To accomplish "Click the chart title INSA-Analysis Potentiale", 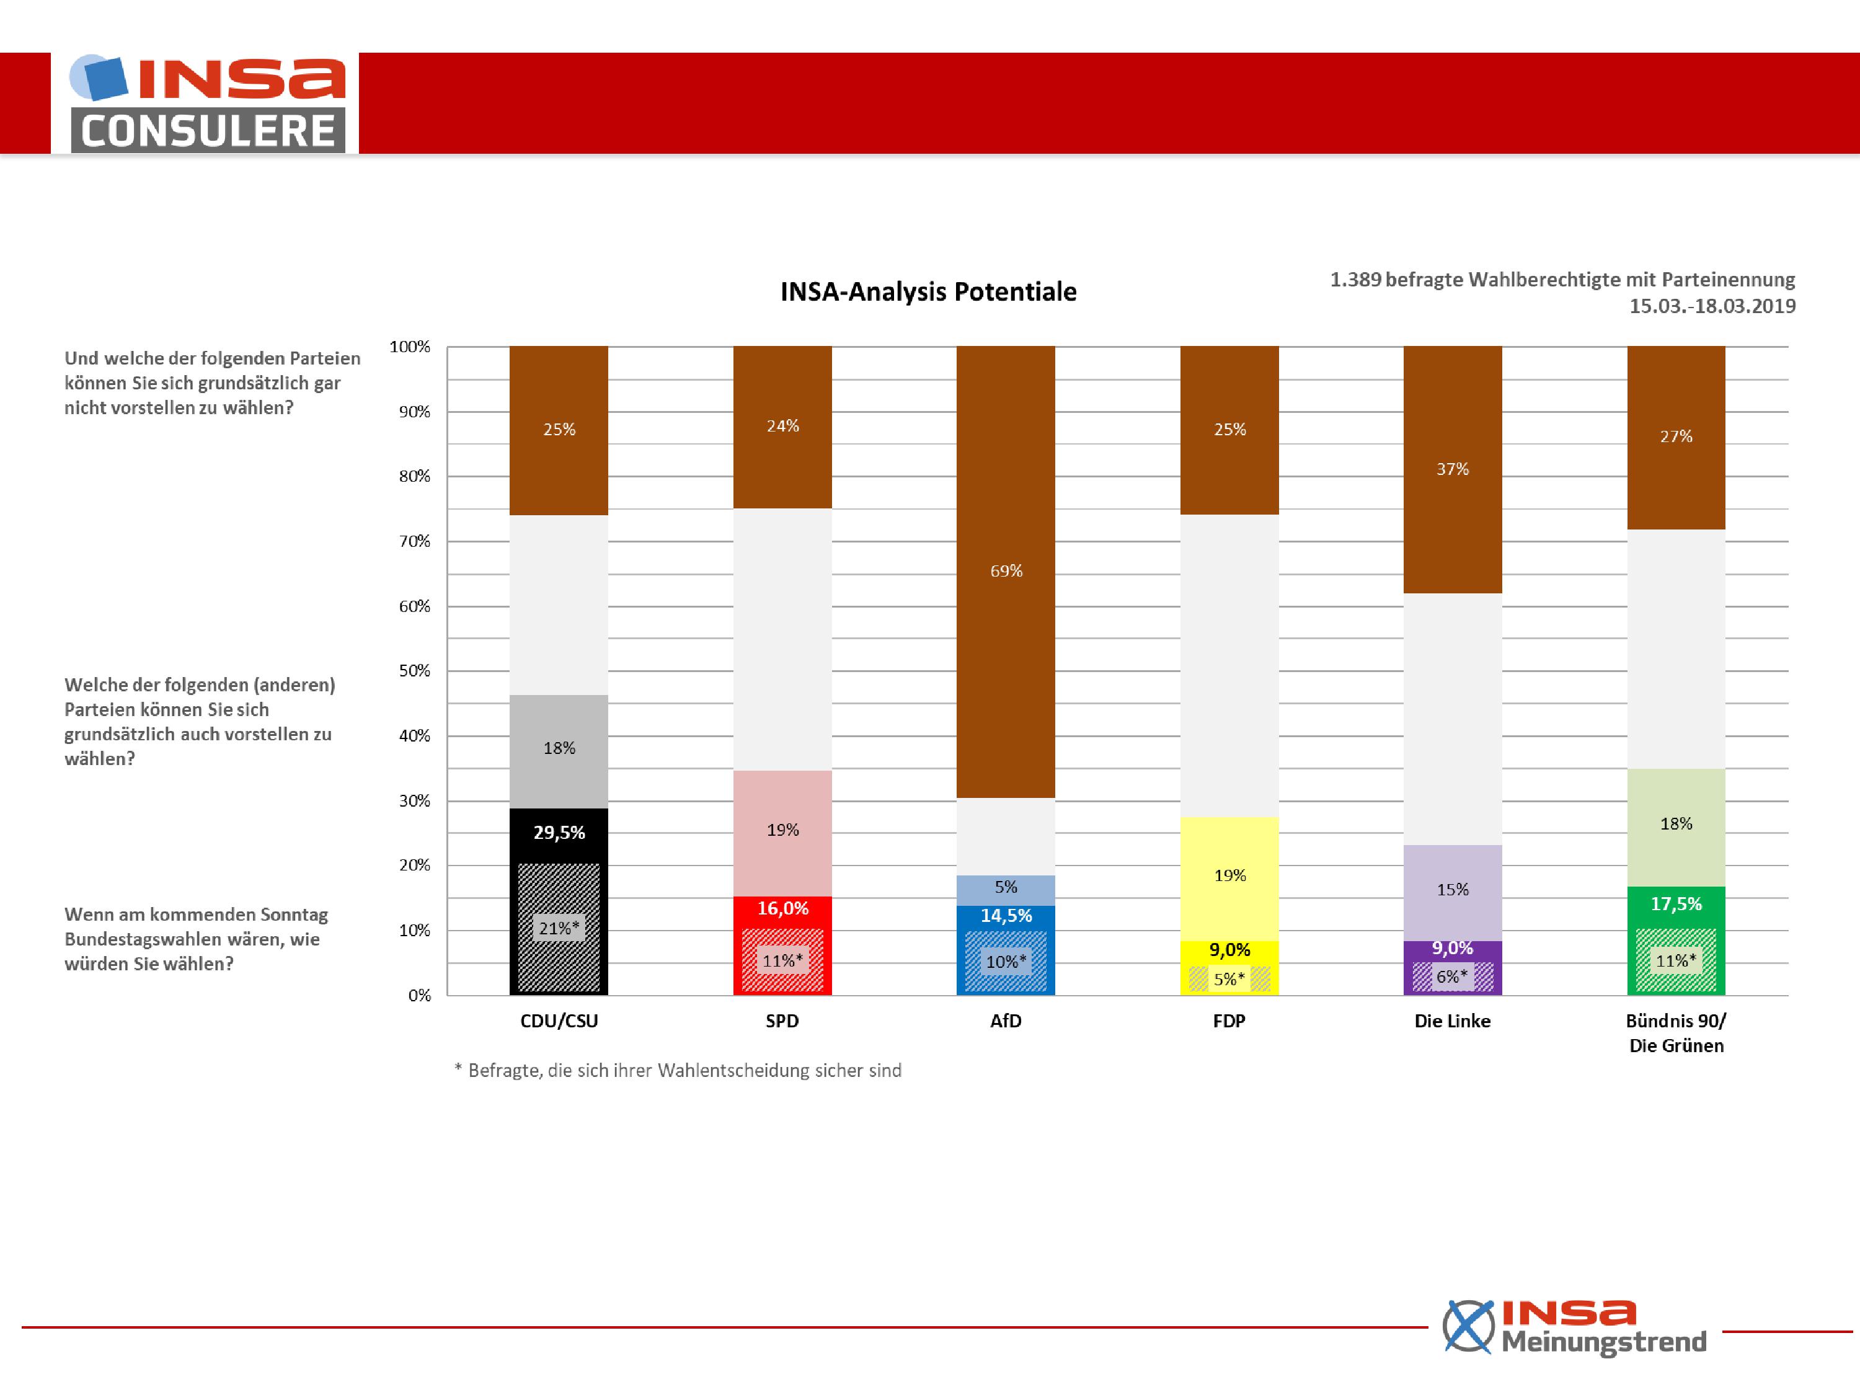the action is point(928,292).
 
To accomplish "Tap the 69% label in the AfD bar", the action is point(1006,571).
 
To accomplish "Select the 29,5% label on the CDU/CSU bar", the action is point(559,833).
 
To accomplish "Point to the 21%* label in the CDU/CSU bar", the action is point(559,928).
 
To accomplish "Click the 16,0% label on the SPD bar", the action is point(783,908).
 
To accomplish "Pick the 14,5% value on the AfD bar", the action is point(1006,916).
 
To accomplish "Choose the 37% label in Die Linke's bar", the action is point(1452,469).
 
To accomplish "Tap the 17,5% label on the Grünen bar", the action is point(1676,904).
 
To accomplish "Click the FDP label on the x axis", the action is point(1228,1021).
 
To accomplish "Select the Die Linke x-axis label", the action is point(1452,1021).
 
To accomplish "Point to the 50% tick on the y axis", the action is point(415,671).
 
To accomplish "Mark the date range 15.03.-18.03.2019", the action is point(1712,306).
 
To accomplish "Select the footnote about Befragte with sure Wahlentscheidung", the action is point(678,1070).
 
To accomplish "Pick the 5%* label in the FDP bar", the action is point(1228,979).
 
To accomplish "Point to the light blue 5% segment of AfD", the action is point(1006,890).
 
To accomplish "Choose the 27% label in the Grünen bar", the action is point(1676,436).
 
